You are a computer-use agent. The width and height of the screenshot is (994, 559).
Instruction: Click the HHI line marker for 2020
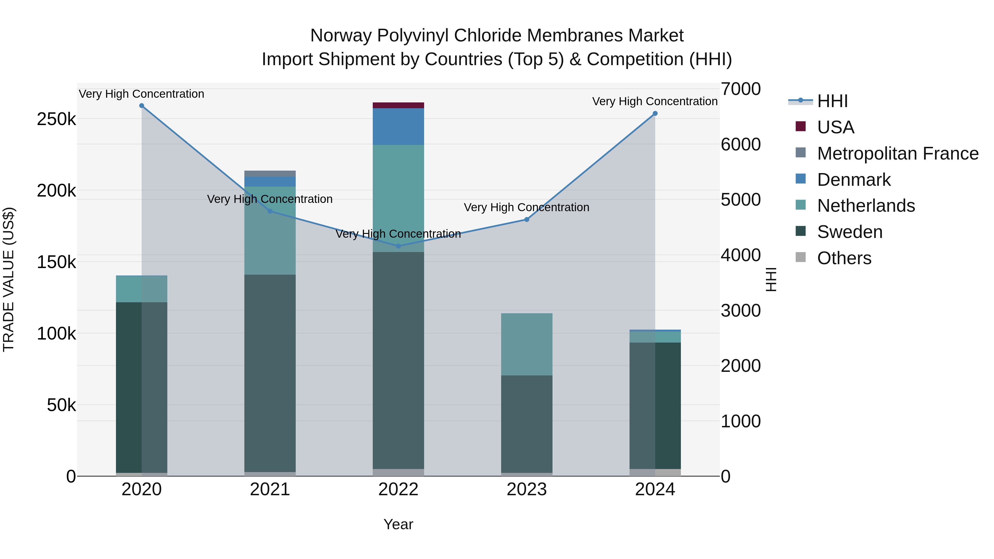click(x=142, y=106)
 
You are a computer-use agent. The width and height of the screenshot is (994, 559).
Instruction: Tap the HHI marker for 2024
click(x=655, y=113)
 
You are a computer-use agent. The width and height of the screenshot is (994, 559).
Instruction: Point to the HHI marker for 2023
click(x=527, y=219)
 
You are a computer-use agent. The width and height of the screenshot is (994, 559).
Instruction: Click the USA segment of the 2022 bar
click(x=398, y=105)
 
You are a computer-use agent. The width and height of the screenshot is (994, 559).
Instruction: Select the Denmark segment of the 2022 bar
click(x=398, y=126)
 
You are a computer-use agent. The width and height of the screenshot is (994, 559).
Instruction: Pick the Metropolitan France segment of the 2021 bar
click(x=270, y=174)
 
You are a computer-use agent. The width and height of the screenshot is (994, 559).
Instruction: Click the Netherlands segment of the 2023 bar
click(x=527, y=344)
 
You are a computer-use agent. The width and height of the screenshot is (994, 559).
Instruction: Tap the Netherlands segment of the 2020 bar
click(x=142, y=289)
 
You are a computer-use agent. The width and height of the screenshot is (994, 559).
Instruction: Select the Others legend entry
click(x=844, y=258)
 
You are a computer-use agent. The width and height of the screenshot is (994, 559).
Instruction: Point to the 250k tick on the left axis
click(x=56, y=119)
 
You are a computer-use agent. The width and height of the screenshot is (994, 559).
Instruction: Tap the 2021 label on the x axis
click(x=270, y=489)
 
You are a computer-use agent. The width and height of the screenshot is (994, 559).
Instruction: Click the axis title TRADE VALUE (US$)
click(x=9, y=279)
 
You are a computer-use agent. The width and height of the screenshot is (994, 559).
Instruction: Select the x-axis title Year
click(x=398, y=524)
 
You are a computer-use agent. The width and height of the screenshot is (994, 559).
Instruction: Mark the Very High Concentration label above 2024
click(x=655, y=102)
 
